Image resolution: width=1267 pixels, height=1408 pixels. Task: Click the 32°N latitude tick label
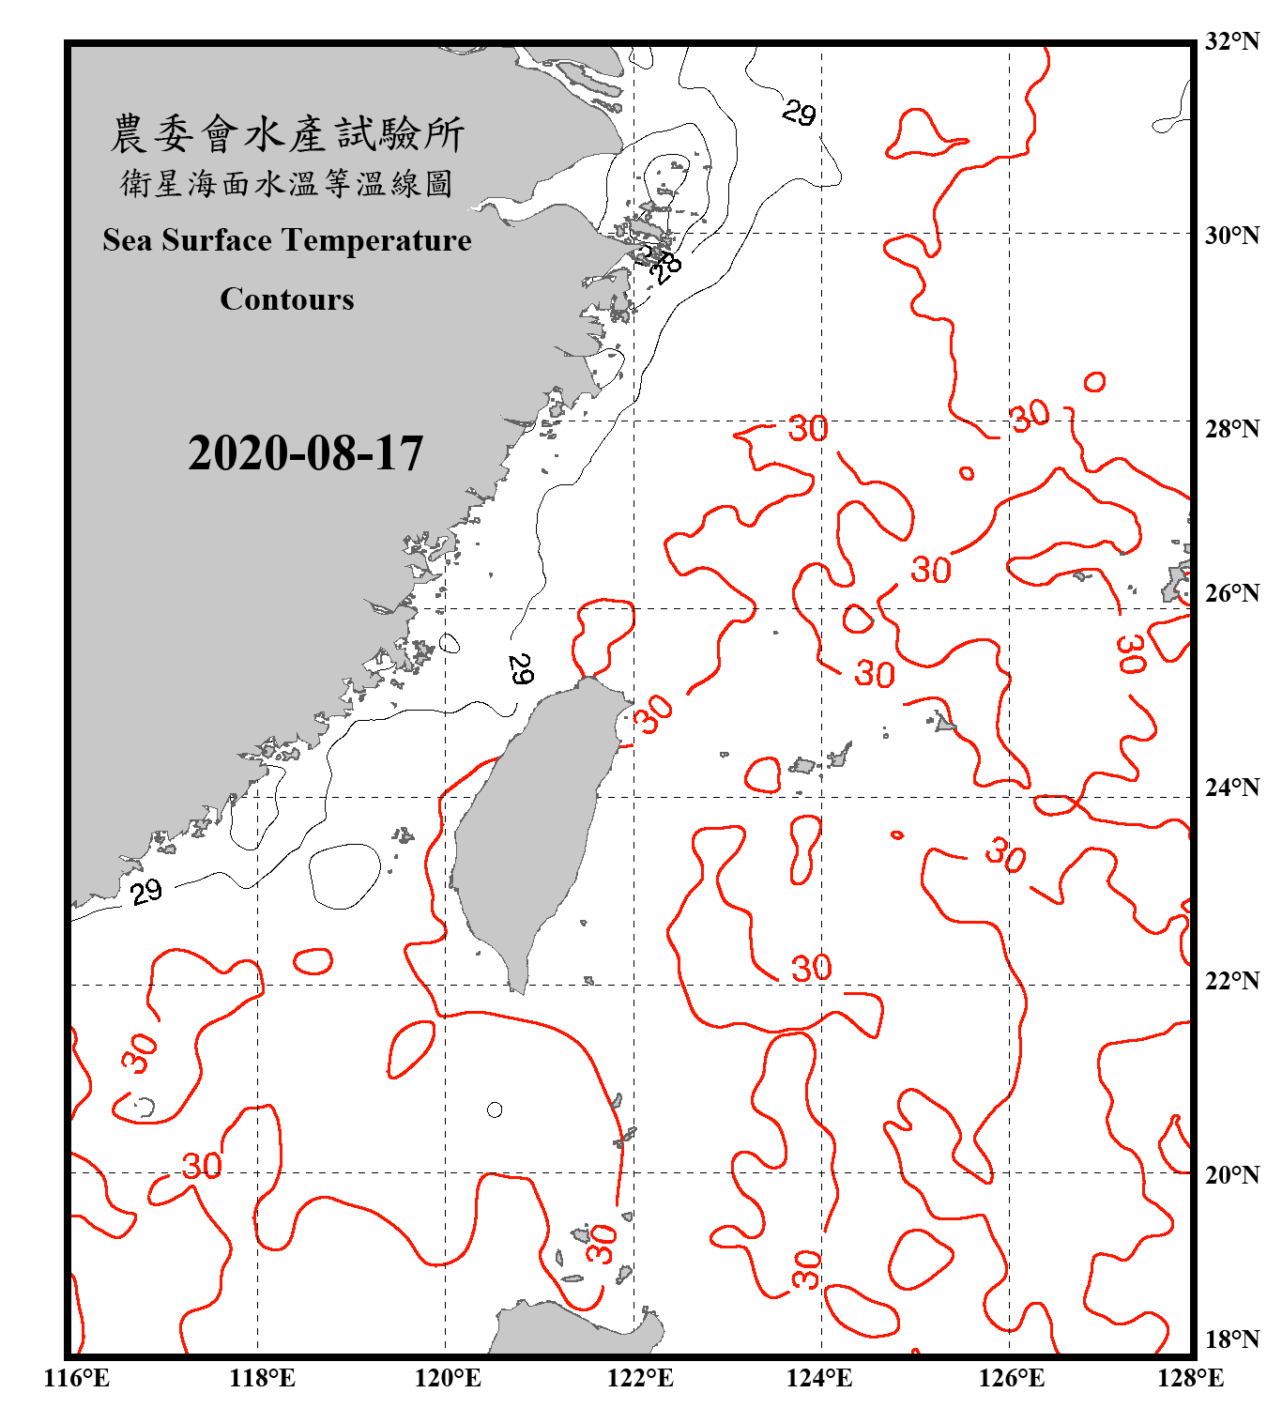coord(1231,41)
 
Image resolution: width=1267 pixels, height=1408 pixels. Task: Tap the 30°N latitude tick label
coord(1231,235)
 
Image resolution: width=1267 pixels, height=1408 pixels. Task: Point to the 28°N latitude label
coord(1231,429)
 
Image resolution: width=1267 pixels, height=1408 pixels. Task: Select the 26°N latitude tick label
coord(1231,593)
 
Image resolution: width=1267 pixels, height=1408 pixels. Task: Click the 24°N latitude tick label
coord(1231,787)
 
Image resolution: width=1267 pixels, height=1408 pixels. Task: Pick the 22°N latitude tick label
coord(1231,981)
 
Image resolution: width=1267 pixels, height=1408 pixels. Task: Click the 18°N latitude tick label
coord(1231,1339)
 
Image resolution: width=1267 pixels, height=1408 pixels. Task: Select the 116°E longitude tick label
coord(77,1378)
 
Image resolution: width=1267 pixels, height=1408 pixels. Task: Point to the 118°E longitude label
coord(262,1378)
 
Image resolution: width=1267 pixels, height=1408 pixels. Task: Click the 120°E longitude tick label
coord(448,1378)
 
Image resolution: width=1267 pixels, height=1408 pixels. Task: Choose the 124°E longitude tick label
coord(819,1378)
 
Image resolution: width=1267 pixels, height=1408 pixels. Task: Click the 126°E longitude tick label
coord(1011,1378)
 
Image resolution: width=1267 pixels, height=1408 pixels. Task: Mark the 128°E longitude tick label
coord(1190,1378)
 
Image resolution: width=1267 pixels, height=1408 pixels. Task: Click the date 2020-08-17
coord(305,453)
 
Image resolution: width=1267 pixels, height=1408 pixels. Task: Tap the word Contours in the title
coord(287,299)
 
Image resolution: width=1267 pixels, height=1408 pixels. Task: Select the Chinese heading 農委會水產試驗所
coord(287,134)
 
